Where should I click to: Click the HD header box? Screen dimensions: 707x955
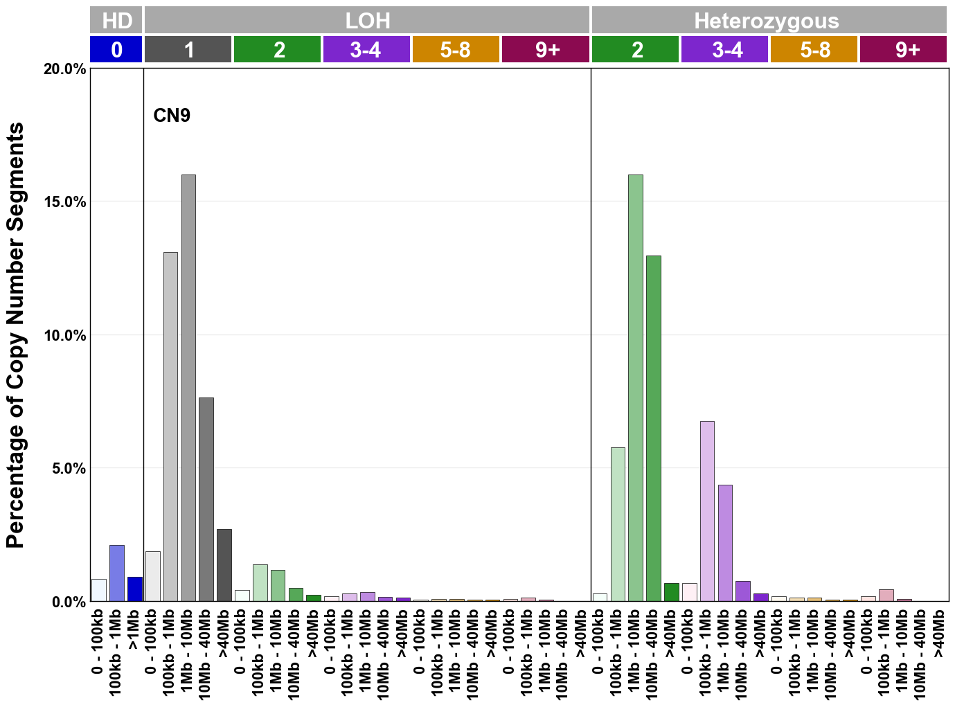pyautogui.click(x=116, y=20)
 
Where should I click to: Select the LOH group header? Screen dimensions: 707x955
pyautogui.click(x=367, y=20)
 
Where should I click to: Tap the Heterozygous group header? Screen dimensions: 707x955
pyautogui.click(x=768, y=20)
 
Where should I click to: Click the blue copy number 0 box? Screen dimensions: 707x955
pyautogui.click(x=116, y=50)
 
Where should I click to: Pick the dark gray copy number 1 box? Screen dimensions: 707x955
pyautogui.click(x=188, y=50)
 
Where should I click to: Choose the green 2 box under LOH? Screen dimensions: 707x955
pyautogui.click(x=278, y=50)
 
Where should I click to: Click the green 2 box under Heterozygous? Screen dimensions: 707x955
pyautogui.click(x=636, y=50)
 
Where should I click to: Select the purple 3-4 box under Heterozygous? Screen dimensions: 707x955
pyautogui.click(x=725, y=50)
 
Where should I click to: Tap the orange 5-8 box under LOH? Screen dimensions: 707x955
pyautogui.click(x=456, y=50)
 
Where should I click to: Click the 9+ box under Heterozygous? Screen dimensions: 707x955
pyautogui.click(x=904, y=50)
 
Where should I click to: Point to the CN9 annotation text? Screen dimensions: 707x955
pyautogui.click(x=172, y=115)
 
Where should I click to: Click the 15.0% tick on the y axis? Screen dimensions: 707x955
pyautogui.click(x=65, y=202)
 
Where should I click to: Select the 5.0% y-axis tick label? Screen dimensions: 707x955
pyautogui.click(x=68, y=469)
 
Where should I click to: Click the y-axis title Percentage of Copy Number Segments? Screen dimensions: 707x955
pyautogui.click(x=15, y=335)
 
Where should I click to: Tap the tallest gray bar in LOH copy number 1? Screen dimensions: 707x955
pyautogui.click(x=188, y=388)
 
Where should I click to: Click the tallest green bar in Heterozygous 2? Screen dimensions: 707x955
pyautogui.click(x=636, y=388)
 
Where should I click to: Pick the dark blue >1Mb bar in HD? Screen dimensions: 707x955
pyautogui.click(x=135, y=589)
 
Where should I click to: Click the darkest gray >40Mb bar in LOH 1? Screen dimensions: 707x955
pyautogui.click(x=224, y=565)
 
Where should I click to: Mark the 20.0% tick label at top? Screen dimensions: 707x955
pyautogui.click(x=65, y=69)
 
